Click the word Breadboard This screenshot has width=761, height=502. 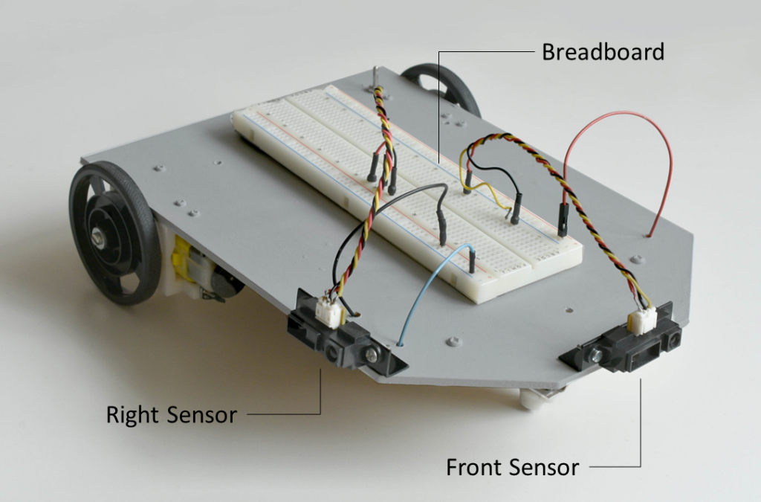(603, 53)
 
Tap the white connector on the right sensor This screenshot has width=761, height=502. (328, 311)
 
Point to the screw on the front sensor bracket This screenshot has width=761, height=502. (595, 358)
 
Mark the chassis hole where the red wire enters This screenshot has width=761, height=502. (650, 236)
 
